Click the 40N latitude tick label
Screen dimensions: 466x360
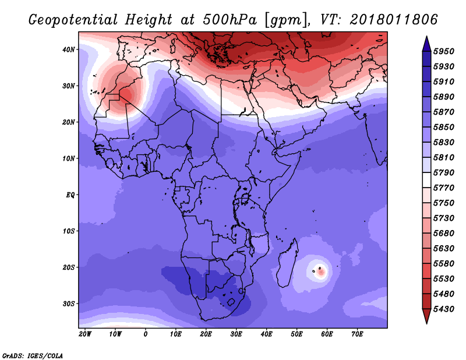click(x=69, y=50)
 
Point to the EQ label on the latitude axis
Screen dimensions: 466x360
click(x=70, y=195)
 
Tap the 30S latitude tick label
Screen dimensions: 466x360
click(x=69, y=304)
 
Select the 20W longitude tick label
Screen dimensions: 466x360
click(x=85, y=334)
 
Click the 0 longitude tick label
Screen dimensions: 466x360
click(x=145, y=334)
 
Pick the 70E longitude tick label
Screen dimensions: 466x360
click(x=357, y=334)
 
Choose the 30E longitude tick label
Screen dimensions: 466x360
click(x=236, y=334)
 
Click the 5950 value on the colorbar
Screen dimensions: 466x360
click(x=444, y=51)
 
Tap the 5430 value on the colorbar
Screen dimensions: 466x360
click(x=444, y=309)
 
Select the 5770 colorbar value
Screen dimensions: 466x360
click(x=444, y=188)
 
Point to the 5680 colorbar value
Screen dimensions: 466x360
click(x=444, y=234)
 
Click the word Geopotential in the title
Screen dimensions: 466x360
click(x=73, y=20)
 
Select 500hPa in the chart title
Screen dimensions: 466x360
click(x=230, y=20)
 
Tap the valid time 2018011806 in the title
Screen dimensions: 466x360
click(x=394, y=20)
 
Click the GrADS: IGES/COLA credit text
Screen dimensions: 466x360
click(x=33, y=356)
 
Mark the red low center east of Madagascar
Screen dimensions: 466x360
click(x=321, y=272)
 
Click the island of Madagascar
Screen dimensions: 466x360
click(x=288, y=263)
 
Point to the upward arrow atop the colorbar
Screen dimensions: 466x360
click(x=426, y=44)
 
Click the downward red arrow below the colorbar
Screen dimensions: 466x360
click(x=426, y=316)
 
